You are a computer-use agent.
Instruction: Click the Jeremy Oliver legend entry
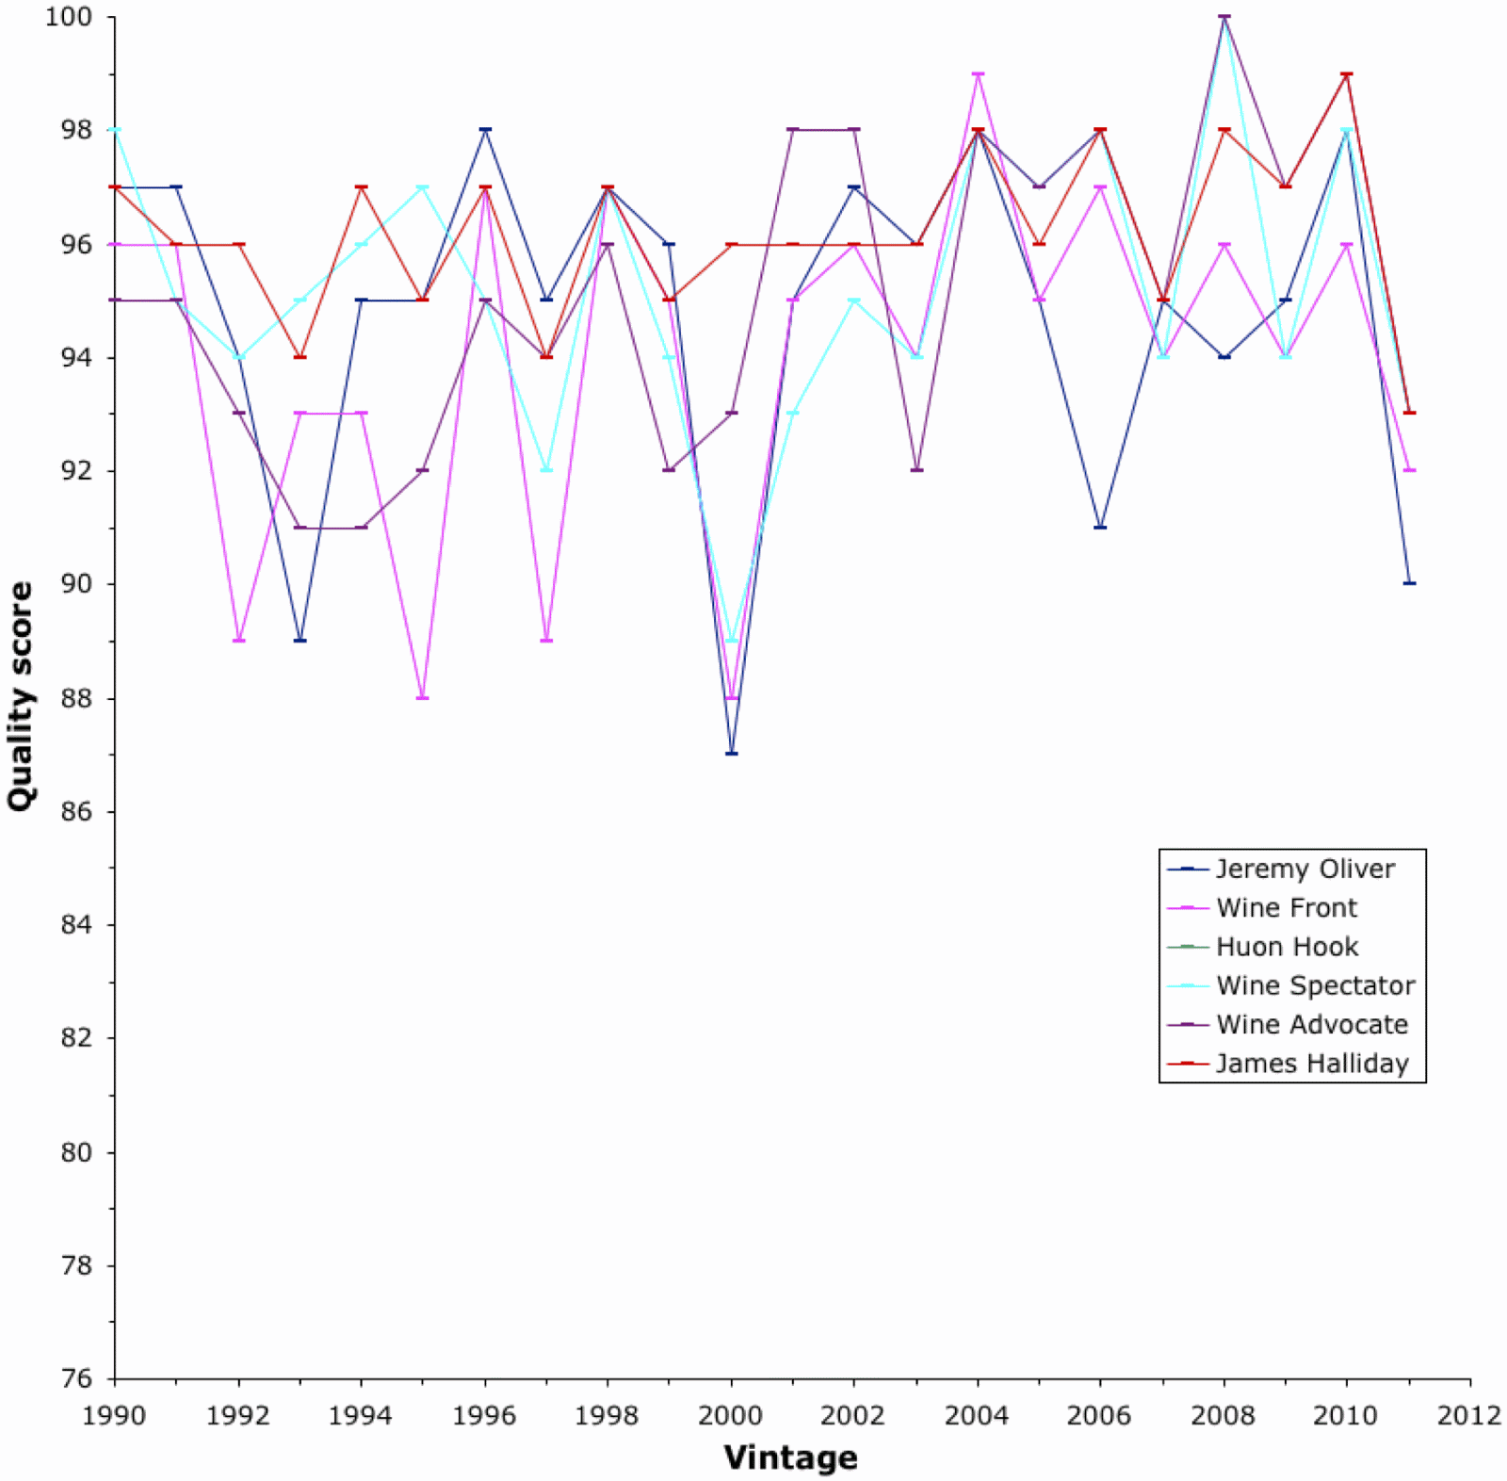1304,869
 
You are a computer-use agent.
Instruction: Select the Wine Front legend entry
1286,907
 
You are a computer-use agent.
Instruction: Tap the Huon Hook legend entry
1287,946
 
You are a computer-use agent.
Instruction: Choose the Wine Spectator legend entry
1315,985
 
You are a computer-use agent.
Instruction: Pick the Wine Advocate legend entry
1311,1024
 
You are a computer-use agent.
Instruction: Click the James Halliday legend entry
1311,1064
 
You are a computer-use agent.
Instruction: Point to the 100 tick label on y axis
69,17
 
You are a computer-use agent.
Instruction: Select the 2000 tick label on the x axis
731,1415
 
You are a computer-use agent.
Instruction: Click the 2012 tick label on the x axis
1469,1415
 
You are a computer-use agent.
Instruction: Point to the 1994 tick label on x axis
361,1415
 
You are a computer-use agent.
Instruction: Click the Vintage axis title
791,1457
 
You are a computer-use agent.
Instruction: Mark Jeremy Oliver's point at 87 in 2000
732,754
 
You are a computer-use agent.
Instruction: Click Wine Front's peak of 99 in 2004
978,73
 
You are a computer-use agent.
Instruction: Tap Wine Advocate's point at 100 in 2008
1224,17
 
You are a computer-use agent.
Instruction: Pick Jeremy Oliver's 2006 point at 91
1100,527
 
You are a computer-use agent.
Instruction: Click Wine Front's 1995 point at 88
423,698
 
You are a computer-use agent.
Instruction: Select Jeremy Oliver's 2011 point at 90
1409,583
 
